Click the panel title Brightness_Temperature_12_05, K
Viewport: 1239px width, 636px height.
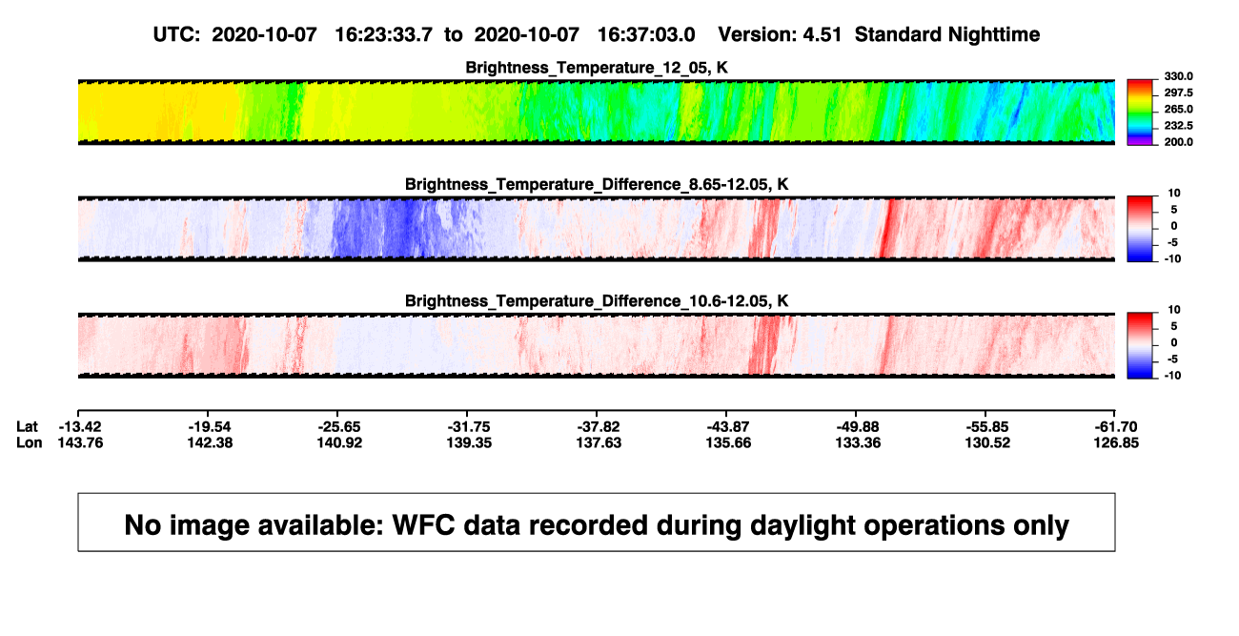point(597,68)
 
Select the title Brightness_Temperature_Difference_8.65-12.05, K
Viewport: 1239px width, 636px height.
point(597,184)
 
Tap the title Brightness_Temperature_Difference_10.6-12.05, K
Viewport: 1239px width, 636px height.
point(597,301)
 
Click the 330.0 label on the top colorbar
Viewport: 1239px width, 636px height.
point(1178,76)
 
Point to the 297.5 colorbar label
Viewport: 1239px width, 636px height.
point(1178,92)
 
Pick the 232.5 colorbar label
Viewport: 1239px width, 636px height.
point(1178,126)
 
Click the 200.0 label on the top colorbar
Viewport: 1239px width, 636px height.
point(1178,142)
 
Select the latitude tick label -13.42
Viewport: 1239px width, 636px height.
point(80,427)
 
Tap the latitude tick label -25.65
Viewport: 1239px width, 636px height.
point(339,427)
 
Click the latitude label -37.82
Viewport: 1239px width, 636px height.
point(599,427)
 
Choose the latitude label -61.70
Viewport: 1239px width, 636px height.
point(1116,427)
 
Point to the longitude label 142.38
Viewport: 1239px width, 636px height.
point(210,442)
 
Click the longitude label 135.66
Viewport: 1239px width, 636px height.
point(728,442)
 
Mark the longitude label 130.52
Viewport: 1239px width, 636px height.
point(987,442)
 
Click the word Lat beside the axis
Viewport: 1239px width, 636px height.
point(27,427)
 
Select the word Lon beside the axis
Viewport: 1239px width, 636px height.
point(30,442)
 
